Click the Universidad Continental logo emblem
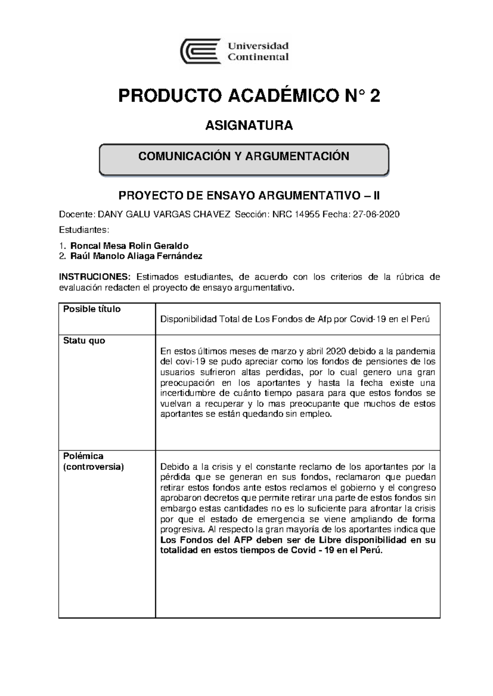click(200, 51)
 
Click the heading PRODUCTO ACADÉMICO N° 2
click(249, 96)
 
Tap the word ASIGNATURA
click(249, 125)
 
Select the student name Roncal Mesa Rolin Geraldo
click(129, 246)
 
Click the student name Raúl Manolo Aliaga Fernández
click(136, 256)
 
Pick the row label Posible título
click(92, 309)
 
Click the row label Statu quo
click(84, 341)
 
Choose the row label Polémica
click(83, 456)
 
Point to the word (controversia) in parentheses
click(93, 467)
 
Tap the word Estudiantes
click(84, 229)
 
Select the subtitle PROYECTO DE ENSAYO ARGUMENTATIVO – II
click(249, 196)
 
